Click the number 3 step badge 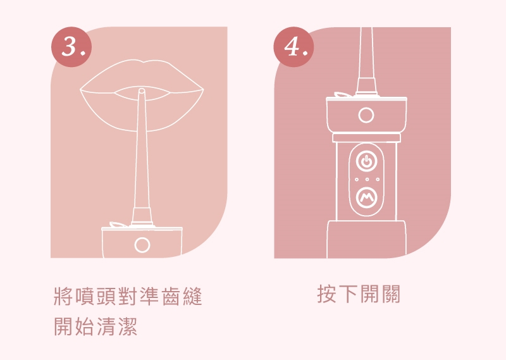click(71, 47)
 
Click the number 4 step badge click(294, 47)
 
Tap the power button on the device click(366, 161)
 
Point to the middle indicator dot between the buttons click(367, 179)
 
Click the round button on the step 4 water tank click(366, 115)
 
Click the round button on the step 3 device click(142, 245)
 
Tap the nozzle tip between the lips click(141, 92)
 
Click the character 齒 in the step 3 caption click(171, 296)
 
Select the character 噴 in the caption click(85, 296)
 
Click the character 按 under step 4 click(327, 294)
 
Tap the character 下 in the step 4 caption click(349, 294)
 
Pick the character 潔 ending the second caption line click(128, 326)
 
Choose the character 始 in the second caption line click(85, 326)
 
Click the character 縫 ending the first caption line click(192, 296)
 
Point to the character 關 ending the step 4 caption click(391, 294)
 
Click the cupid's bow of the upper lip click(142, 61)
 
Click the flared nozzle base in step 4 click(366, 86)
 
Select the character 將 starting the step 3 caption click(64, 296)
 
